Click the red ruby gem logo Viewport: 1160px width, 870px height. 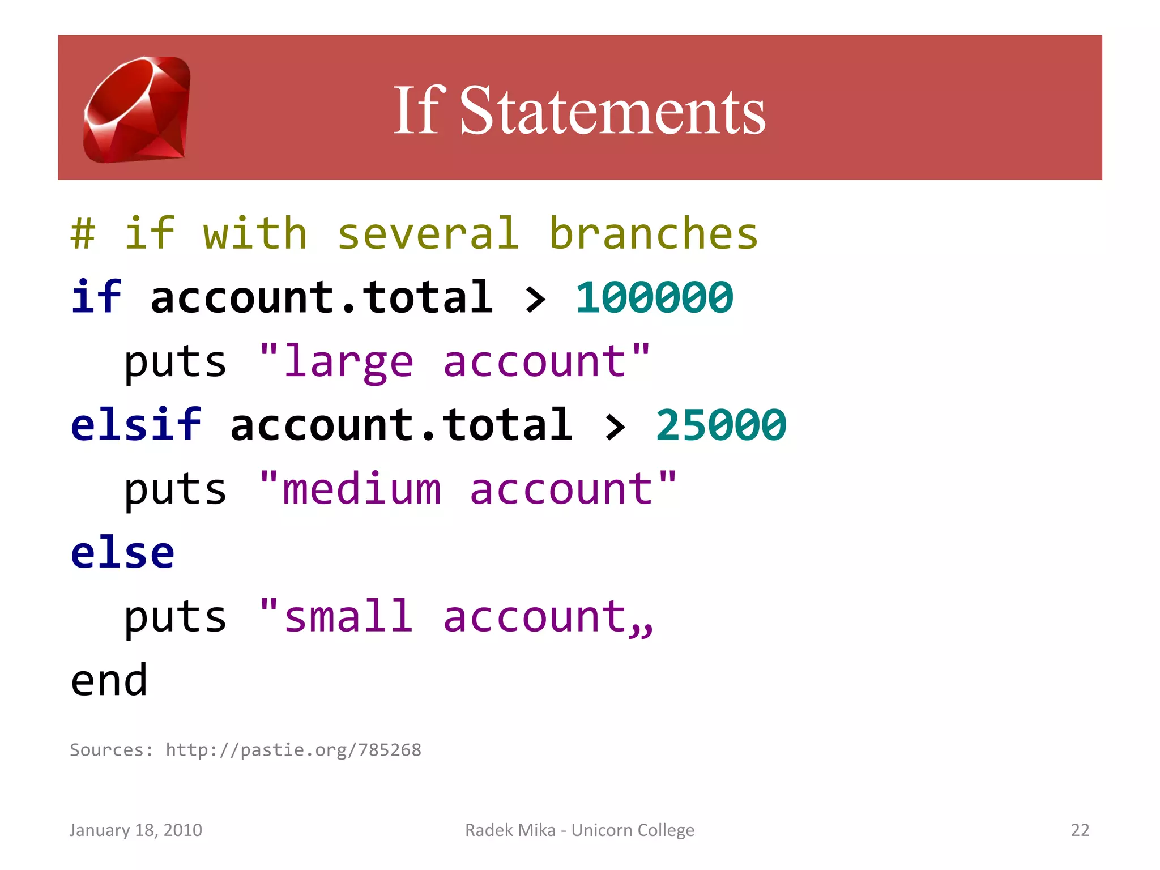137,109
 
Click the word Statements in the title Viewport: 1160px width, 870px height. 612,111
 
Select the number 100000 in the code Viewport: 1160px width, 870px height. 654,297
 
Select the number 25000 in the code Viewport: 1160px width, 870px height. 721,425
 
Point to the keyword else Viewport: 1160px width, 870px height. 122,552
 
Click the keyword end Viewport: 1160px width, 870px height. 109,680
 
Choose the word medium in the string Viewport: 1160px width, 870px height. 361,489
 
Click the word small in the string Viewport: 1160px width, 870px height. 348,616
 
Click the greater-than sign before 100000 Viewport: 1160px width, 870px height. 535,299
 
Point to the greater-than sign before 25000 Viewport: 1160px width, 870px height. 615,427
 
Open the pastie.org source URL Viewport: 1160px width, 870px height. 293,750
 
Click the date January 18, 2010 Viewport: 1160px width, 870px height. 136,830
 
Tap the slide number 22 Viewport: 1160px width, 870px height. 1080,830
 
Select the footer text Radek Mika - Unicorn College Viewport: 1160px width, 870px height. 579,830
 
